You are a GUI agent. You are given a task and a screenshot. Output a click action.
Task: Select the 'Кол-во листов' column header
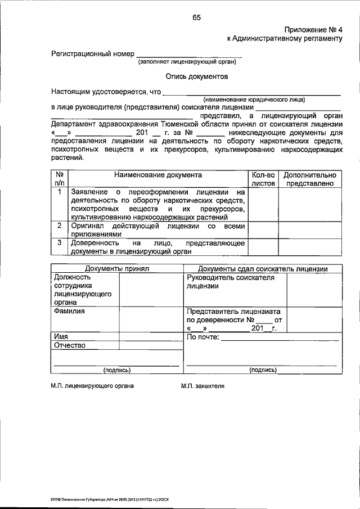[263, 179]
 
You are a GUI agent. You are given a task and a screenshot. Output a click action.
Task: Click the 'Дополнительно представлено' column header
[310, 179]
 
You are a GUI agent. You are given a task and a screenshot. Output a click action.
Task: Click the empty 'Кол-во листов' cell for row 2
[263, 230]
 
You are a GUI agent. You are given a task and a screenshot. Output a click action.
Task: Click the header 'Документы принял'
[116, 269]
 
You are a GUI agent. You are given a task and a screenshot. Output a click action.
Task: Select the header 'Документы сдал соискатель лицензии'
[263, 269]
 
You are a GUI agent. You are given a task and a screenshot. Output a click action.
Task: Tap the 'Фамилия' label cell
[70, 310]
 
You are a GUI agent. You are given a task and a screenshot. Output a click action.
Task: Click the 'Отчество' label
[70, 345]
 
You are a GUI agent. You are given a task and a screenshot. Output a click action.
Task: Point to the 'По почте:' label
[203, 337]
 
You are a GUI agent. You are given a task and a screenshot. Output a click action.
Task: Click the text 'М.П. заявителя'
[203, 387]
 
